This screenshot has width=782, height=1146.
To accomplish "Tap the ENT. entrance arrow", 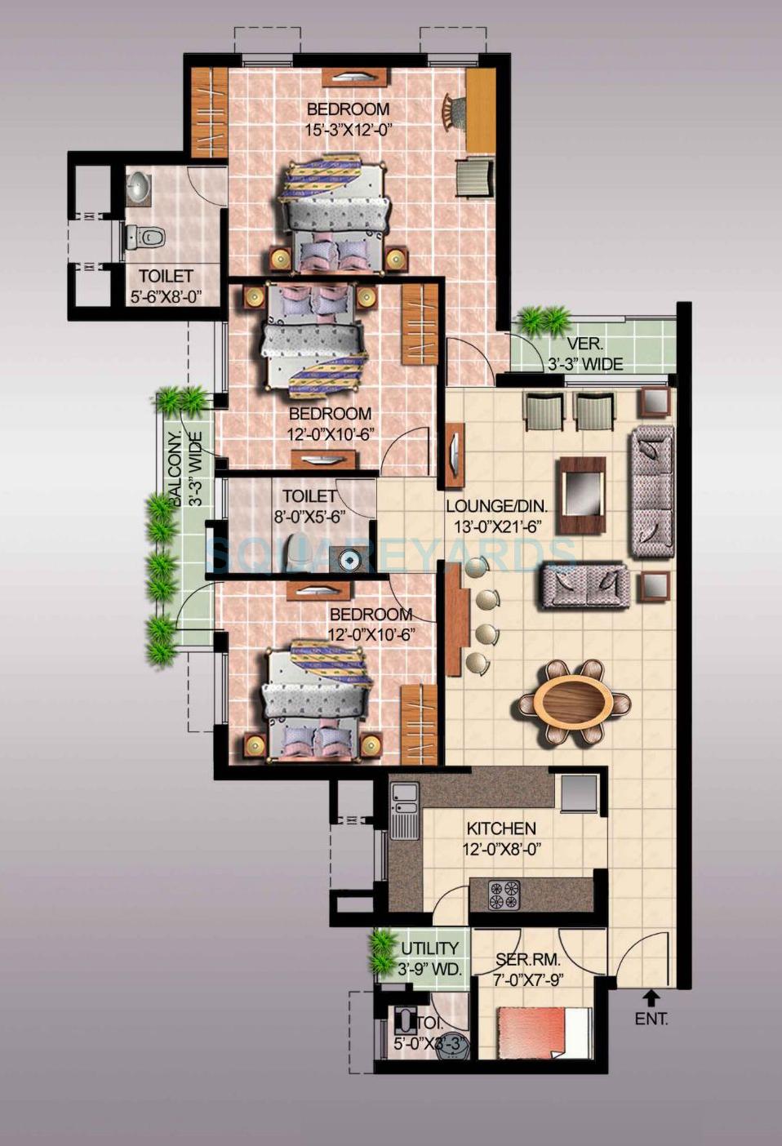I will pyautogui.click(x=651, y=997).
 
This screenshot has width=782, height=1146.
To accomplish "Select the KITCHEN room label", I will pyautogui.click(x=500, y=828).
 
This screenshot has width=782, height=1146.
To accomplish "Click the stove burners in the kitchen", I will pyautogui.click(x=504, y=895).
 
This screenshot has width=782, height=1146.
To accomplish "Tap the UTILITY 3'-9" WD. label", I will pyautogui.click(x=429, y=959).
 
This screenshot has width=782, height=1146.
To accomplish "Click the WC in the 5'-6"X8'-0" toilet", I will pyautogui.click(x=144, y=238).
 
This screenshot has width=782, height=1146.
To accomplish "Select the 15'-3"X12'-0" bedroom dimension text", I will pyautogui.click(x=349, y=128).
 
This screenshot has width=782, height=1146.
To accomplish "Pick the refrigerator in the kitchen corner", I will pyautogui.click(x=580, y=791).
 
